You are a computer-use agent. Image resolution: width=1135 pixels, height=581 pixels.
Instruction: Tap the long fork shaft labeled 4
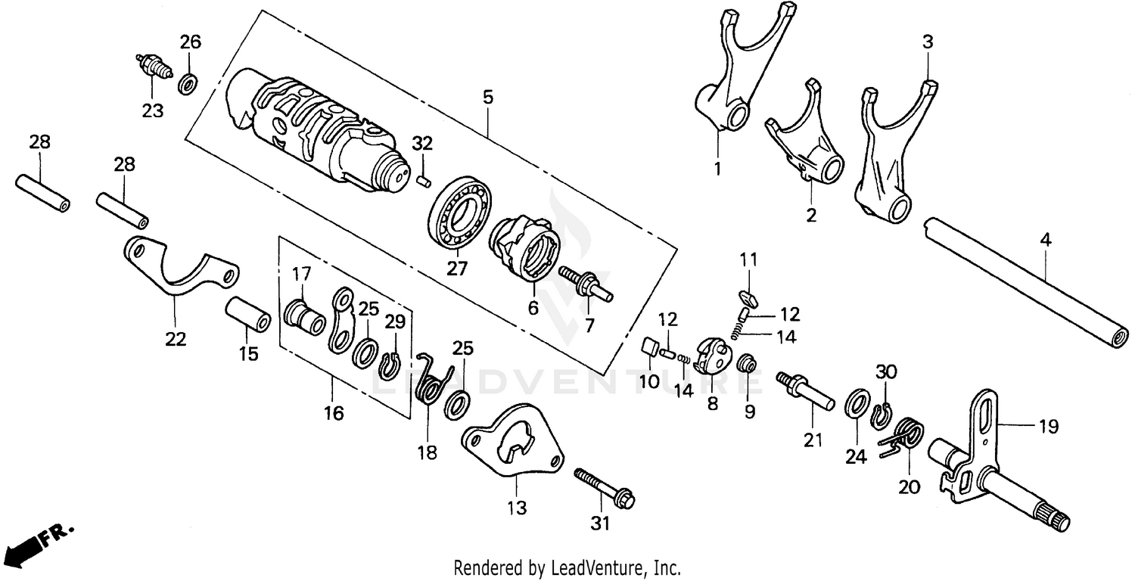1025,284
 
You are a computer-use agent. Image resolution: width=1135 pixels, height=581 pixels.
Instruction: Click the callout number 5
487,98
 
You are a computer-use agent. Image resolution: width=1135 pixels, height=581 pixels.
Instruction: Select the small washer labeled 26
187,81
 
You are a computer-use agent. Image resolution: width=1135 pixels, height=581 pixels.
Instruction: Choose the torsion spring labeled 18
433,381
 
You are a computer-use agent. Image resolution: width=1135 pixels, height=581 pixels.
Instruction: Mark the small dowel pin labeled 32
424,180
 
